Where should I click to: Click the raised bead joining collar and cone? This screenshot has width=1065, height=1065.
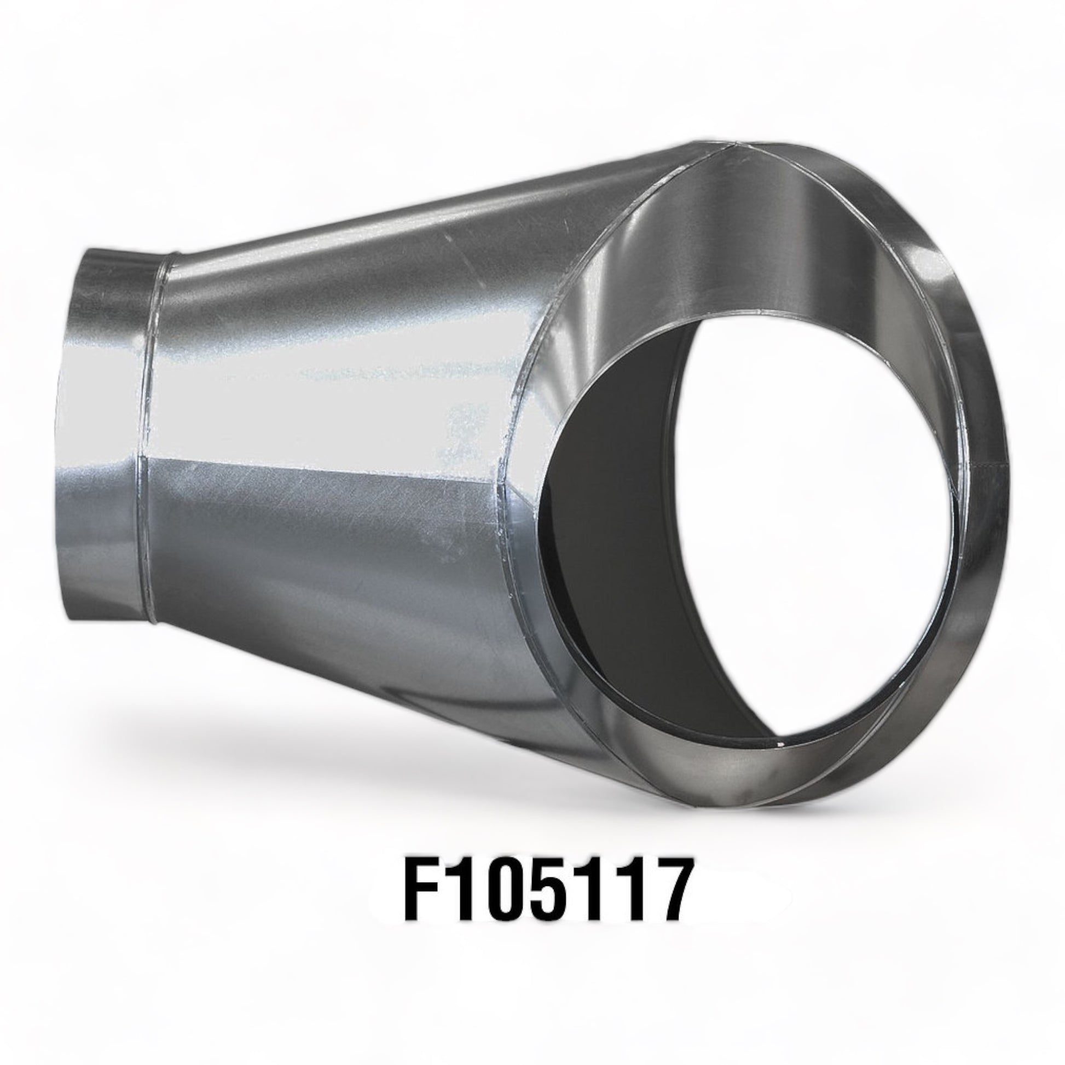[x=150, y=441]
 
